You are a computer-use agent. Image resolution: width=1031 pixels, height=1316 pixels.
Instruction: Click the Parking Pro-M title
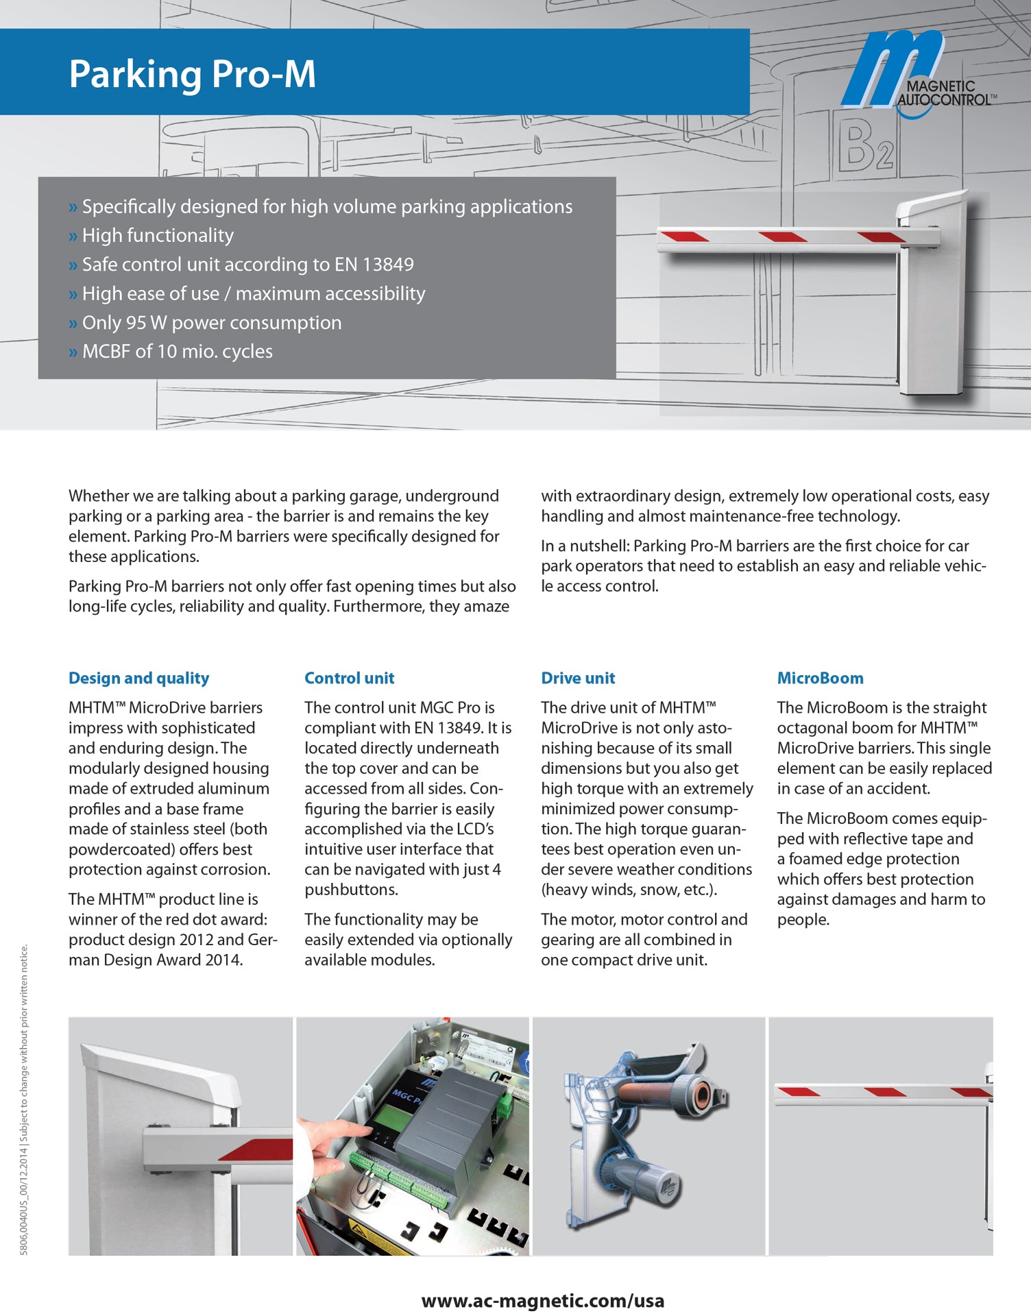[x=192, y=74]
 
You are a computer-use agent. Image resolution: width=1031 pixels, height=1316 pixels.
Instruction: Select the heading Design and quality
[x=138, y=678]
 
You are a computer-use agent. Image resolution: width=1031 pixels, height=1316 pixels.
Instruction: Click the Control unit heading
[x=349, y=678]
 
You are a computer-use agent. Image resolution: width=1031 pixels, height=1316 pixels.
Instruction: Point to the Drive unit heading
[x=577, y=678]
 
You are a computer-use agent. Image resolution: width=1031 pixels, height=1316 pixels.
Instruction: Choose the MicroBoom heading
[x=820, y=678]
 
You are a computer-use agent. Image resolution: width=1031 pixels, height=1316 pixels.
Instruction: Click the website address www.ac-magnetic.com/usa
[x=542, y=1300]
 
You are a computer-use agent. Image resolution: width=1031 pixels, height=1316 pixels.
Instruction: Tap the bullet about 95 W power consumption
[x=211, y=322]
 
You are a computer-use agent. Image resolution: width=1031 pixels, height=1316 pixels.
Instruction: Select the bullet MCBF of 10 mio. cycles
[x=177, y=352]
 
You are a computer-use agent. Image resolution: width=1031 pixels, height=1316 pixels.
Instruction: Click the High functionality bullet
[x=158, y=236]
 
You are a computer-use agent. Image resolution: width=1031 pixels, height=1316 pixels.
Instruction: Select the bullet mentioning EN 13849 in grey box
[x=247, y=265]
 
